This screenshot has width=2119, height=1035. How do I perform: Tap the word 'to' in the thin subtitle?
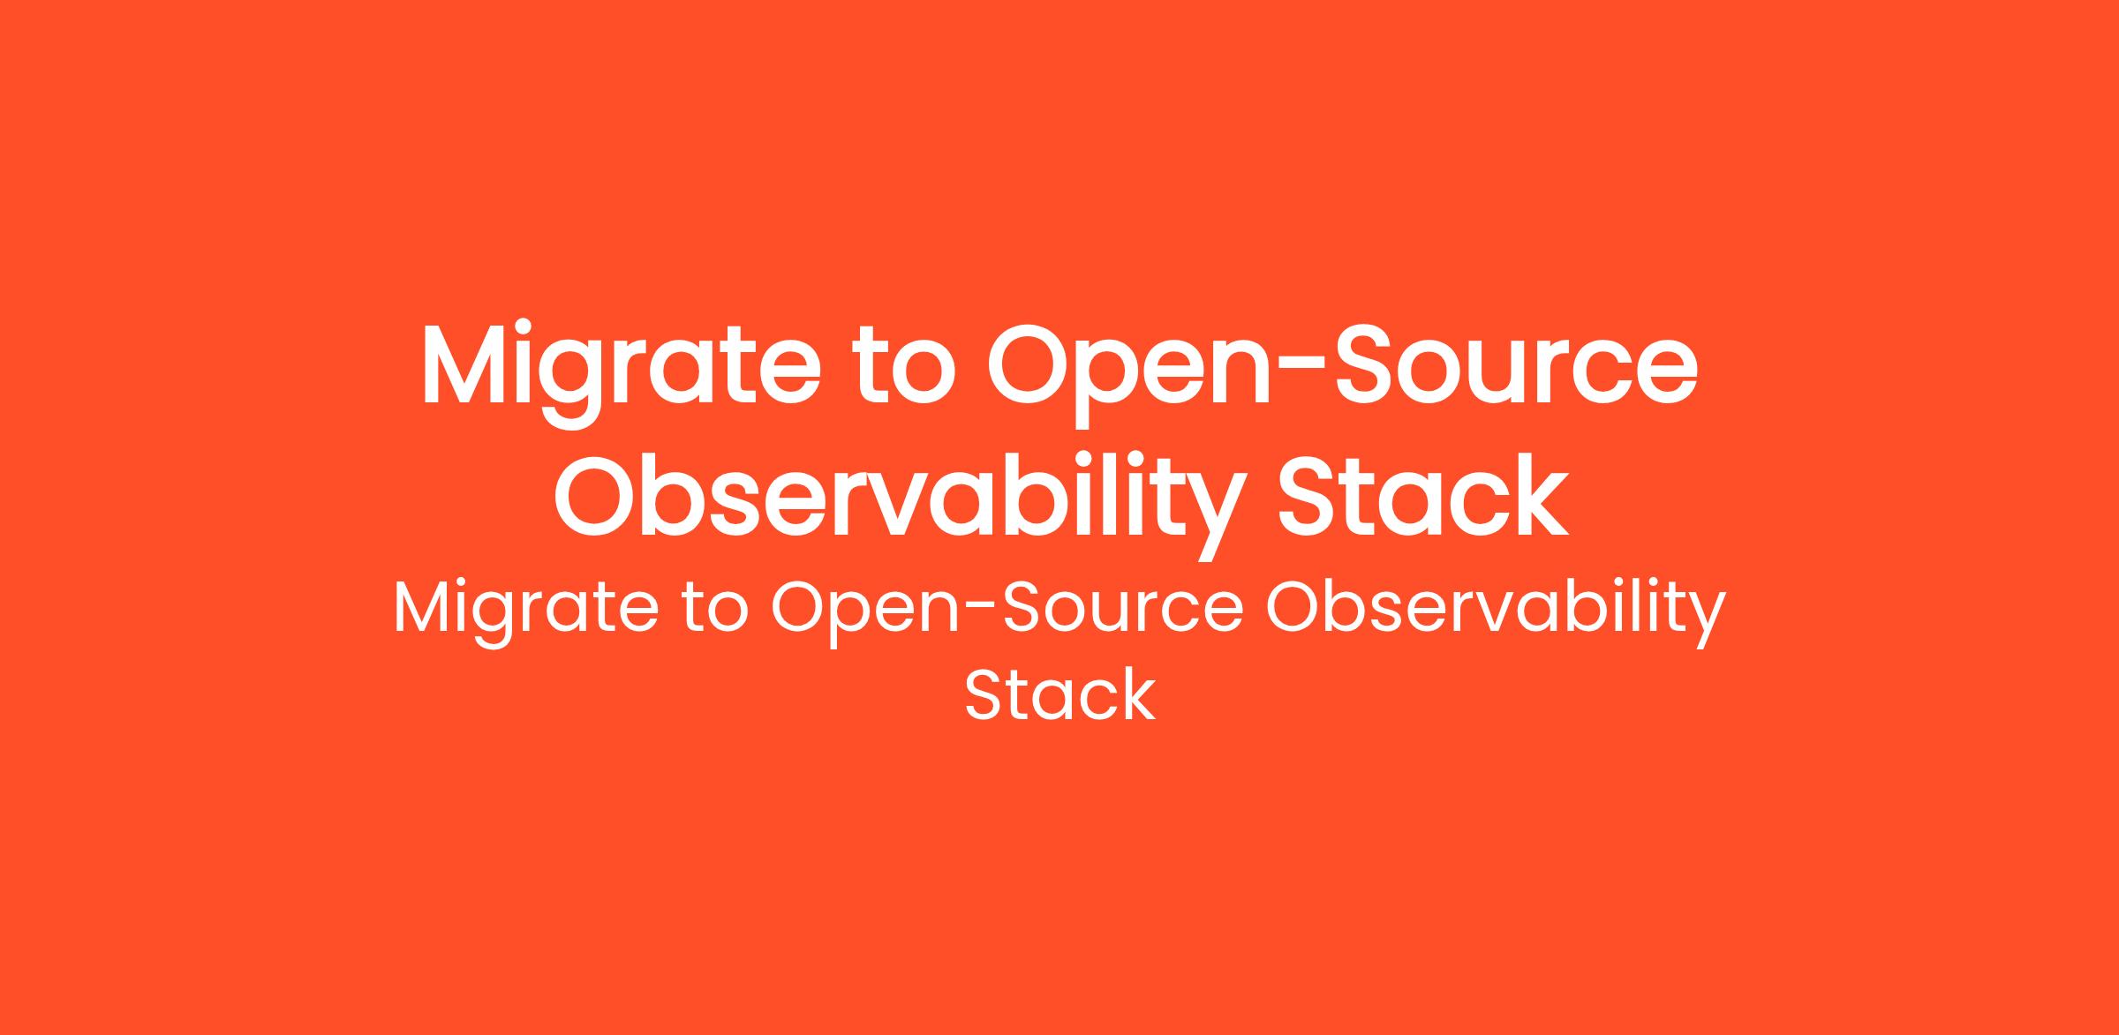coord(715,611)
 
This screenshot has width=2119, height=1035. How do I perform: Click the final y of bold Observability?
coord(1214,518)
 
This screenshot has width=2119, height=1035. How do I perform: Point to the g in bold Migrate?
coord(579,386)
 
